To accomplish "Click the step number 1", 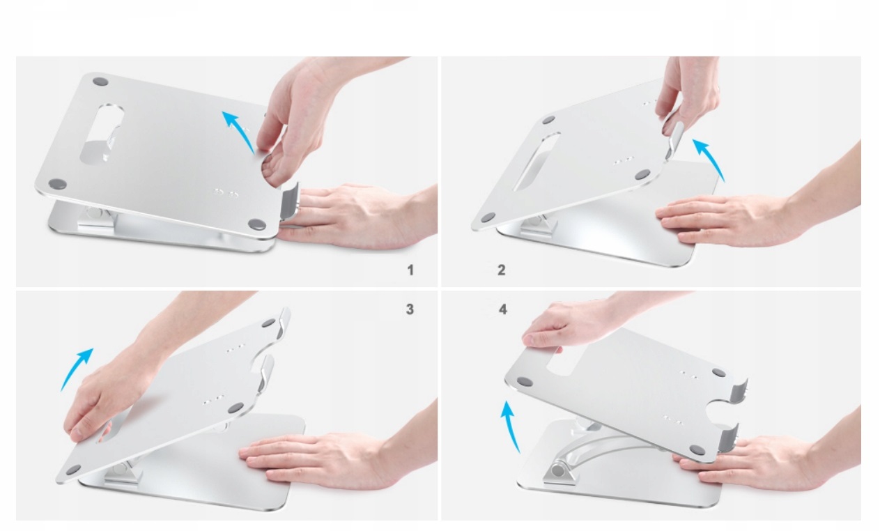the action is [410, 270].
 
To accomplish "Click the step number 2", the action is [501, 270].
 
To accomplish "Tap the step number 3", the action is [410, 309].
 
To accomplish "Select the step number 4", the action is [503, 309].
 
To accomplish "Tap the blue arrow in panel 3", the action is [75, 367].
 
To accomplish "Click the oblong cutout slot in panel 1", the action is [101, 134].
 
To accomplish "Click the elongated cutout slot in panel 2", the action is [537, 161].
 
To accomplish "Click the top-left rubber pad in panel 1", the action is [100, 82].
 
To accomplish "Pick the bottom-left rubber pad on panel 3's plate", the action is [73, 470].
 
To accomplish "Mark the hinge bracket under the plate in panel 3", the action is [122, 473].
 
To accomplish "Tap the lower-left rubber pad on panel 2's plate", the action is [488, 217].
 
